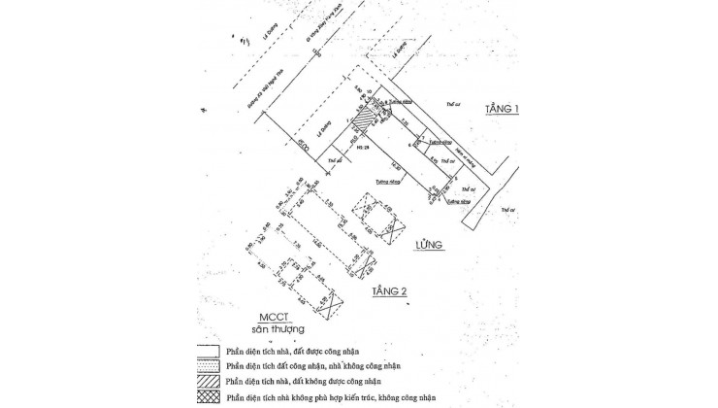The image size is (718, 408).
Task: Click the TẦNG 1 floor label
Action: coord(502,110)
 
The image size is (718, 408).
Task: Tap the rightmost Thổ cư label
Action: coord(506,209)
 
